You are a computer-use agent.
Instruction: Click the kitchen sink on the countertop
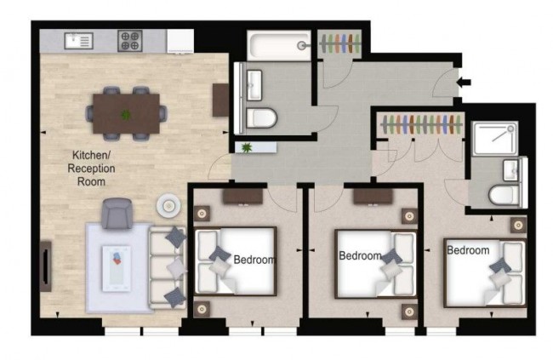(x=78, y=38)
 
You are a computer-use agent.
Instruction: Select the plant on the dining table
(x=126, y=114)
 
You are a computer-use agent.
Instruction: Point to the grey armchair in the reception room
(x=117, y=213)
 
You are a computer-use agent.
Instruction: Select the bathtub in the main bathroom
(x=279, y=43)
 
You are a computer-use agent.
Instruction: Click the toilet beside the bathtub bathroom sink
(x=258, y=117)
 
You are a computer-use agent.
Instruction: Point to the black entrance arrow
(x=464, y=83)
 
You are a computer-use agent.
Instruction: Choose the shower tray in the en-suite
(x=493, y=138)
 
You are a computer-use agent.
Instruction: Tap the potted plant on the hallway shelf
(x=248, y=148)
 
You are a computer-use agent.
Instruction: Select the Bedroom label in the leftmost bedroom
(x=254, y=260)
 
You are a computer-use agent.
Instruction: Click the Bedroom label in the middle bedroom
(x=360, y=255)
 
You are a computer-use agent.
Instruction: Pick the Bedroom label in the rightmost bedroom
(x=468, y=250)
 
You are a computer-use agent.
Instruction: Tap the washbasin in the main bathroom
(x=254, y=83)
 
